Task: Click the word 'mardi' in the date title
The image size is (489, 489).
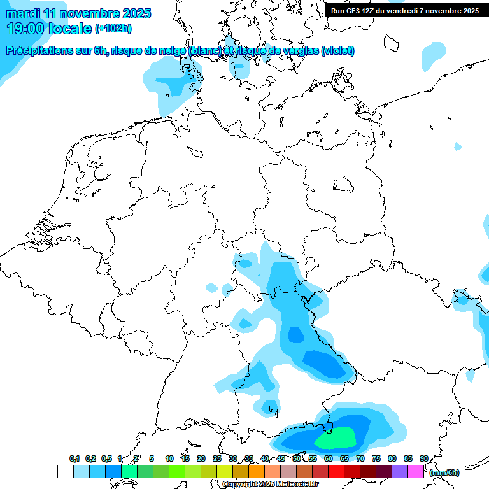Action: [23, 13]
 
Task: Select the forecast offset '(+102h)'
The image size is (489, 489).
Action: [114, 29]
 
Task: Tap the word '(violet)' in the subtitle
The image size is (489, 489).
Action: [337, 51]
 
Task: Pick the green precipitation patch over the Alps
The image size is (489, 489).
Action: [336, 437]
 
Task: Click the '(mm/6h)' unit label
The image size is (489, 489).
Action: [444, 472]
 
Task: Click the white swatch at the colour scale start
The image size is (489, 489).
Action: [65, 472]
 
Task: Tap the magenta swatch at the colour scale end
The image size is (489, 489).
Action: [416, 472]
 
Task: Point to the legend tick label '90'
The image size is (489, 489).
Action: [423, 458]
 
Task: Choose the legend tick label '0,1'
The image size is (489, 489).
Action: [74, 458]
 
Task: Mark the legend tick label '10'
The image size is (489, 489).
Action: [169, 458]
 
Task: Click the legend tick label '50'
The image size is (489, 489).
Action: [297, 458]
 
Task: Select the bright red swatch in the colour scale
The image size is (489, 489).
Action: [336, 472]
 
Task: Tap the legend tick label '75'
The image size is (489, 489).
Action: [376, 458]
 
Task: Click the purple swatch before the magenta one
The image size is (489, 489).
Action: [400, 472]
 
